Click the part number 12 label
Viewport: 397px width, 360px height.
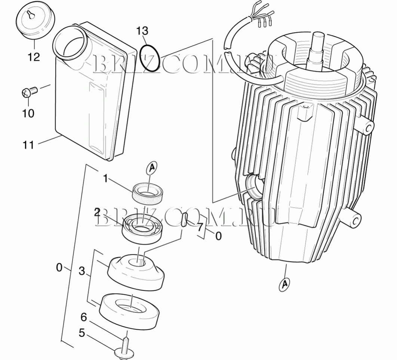point(34,57)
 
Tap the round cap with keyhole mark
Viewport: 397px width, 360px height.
point(36,22)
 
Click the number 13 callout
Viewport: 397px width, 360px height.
point(142,31)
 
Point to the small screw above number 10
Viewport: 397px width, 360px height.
point(29,91)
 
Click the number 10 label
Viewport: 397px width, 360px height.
point(28,113)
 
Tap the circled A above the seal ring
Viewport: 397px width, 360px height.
point(152,168)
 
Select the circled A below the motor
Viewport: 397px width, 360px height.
point(285,284)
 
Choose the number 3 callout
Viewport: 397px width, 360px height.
point(81,271)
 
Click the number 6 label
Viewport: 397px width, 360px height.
point(84,317)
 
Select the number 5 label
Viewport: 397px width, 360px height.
point(81,333)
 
